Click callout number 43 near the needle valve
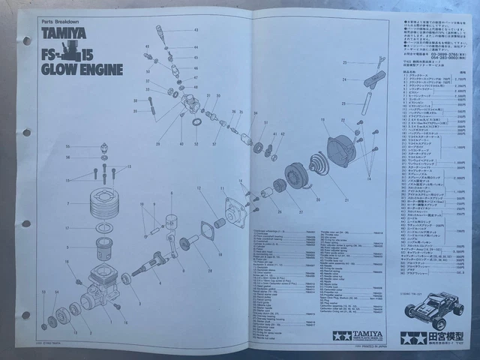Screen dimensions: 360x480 196,30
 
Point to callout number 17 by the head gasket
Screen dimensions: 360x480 67,228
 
